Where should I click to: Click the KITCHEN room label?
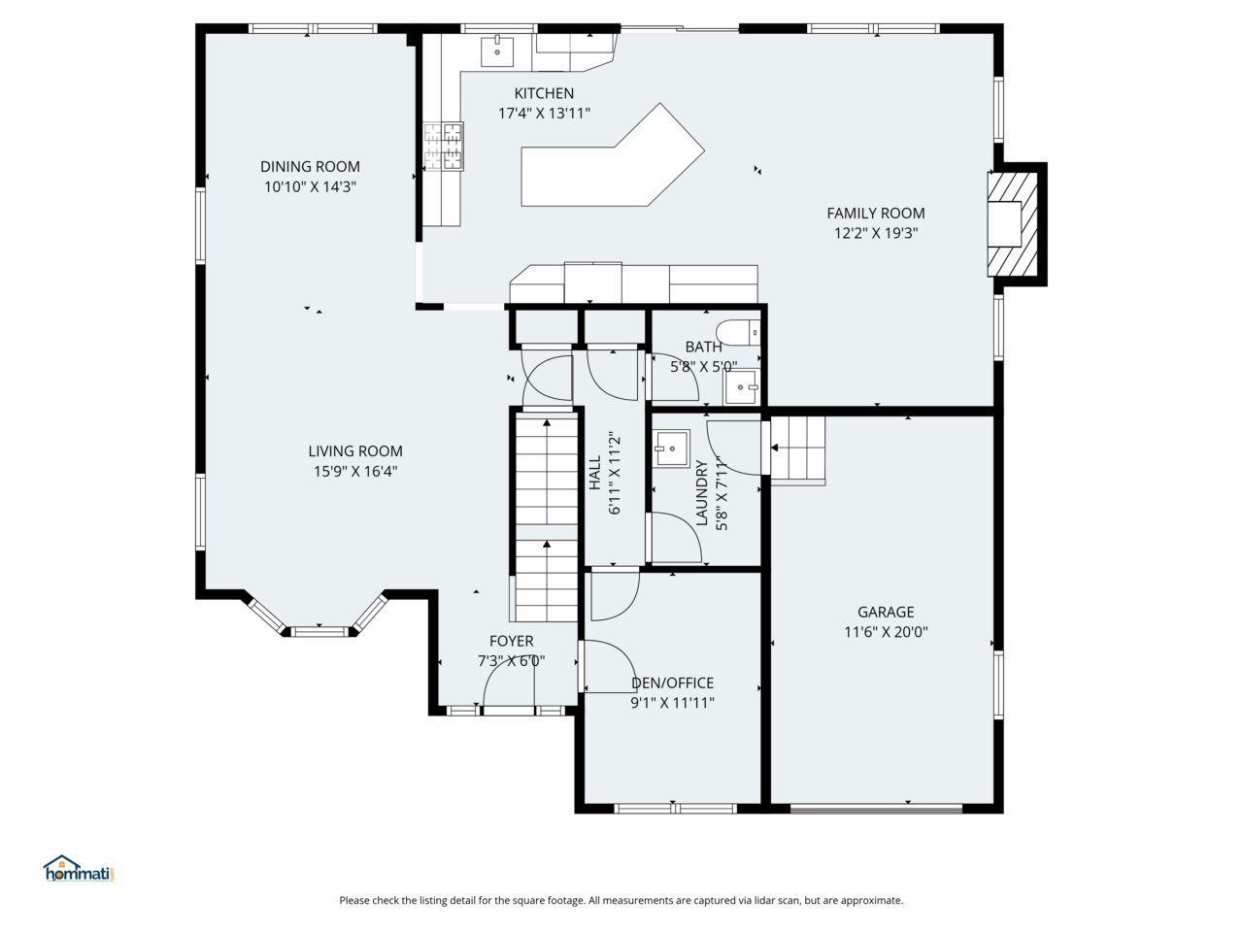544,93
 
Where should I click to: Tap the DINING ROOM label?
310,166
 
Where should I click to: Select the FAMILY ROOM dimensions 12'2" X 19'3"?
876,233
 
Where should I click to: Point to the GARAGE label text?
886,612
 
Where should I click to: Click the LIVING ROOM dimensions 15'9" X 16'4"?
355,471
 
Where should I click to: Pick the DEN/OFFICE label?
672,683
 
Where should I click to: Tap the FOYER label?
512,641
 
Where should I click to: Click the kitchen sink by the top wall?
497,51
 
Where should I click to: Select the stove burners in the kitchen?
444,146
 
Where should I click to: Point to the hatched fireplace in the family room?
1013,224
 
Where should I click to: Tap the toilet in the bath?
738,333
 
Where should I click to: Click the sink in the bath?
743,387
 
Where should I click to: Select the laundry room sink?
672,449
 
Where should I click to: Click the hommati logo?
77,869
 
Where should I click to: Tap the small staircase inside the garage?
796,450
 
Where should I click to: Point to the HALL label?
594,473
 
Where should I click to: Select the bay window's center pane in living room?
319,631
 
